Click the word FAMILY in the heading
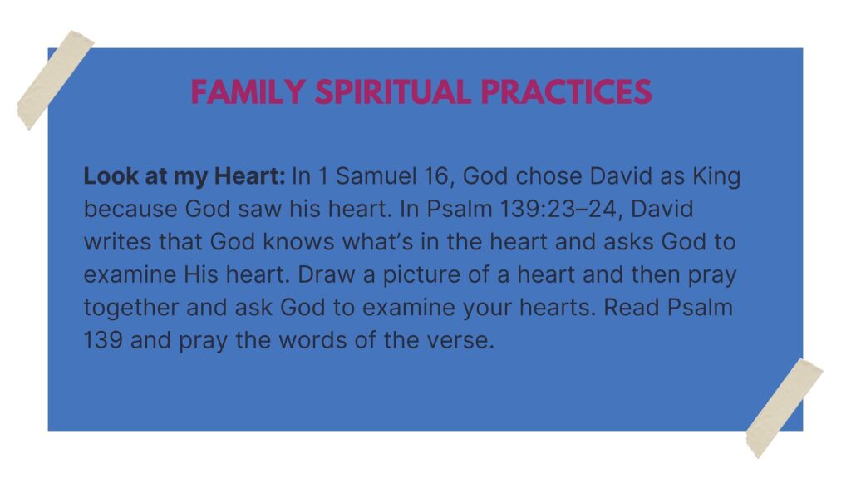tap(248, 91)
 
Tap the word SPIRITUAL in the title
tap(392, 91)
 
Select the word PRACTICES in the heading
tap(566, 91)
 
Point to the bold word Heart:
tap(249, 176)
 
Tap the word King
tap(716, 176)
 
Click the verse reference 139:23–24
tap(561, 210)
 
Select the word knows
tap(298, 242)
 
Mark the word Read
tap(632, 308)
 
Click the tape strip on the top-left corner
tap(56, 80)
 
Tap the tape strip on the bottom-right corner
tap(785, 408)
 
